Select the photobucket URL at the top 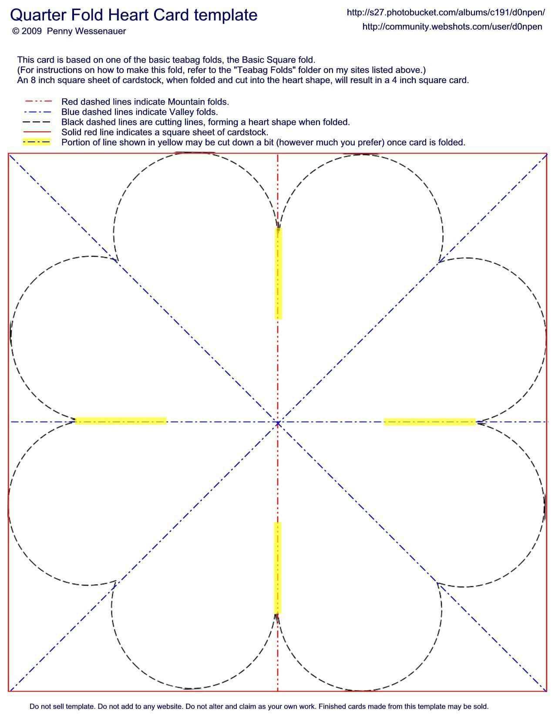click(445, 13)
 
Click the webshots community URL click(452, 27)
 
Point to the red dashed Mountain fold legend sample click(38, 102)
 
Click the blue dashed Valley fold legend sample click(38, 112)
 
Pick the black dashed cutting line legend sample click(38, 122)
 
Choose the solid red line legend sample click(38, 132)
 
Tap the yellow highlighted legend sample click(37, 142)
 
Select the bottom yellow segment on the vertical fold click(277, 567)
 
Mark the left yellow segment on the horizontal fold click(121, 421)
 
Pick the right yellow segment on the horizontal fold click(429, 422)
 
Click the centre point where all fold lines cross click(278, 422)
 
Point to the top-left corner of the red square click(9, 154)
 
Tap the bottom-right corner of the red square click(547, 691)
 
